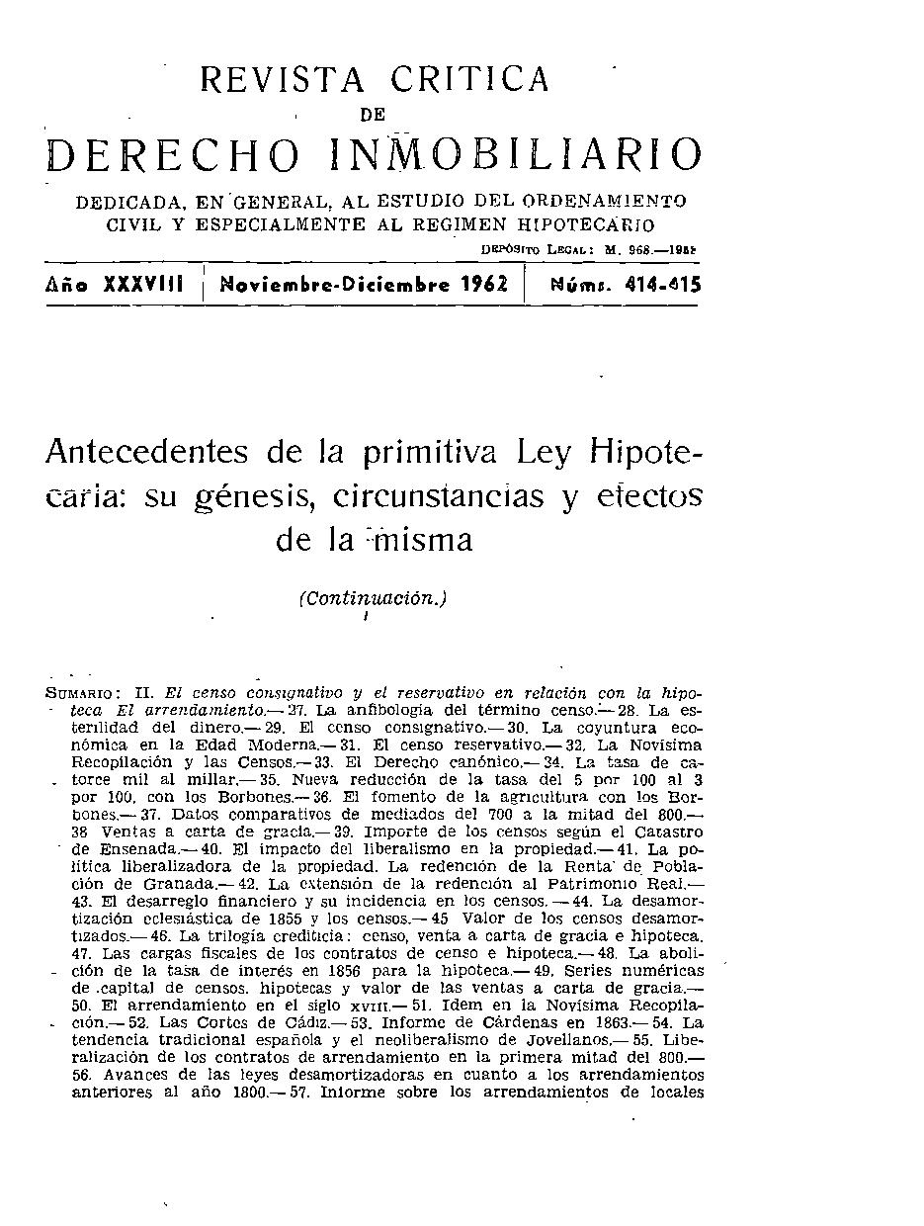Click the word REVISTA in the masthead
(x=283, y=79)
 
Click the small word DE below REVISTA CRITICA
(x=373, y=115)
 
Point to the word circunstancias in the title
(x=439, y=493)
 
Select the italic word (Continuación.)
(x=374, y=598)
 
